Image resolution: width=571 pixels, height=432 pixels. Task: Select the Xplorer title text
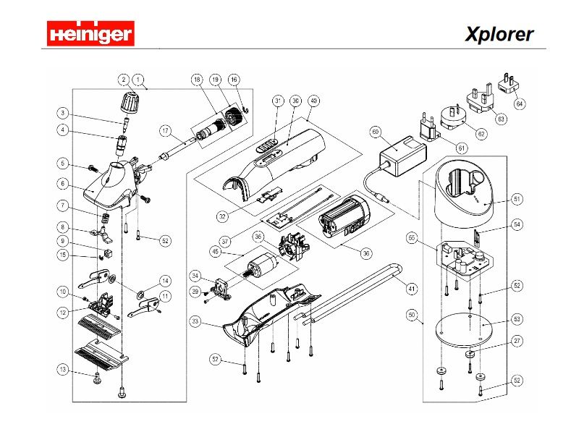[x=499, y=34]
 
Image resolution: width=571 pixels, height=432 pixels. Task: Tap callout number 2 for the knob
[x=124, y=79]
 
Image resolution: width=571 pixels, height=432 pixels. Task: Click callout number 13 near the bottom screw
[x=64, y=370]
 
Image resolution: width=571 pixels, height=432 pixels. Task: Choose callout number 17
[x=165, y=131]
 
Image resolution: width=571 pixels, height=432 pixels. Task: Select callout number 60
[x=375, y=132]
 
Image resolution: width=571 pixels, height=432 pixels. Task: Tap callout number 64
[x=520, y=103]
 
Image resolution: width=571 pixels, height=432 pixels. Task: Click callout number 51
[x=517, y=198]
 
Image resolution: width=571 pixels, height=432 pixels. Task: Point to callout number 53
[x=517, y=318]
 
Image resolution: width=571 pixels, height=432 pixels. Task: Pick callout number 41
[x=411, y=289]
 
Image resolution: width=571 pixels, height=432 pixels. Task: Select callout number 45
[x=215, y=252]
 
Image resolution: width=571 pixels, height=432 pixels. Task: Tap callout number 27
[x=517, y=340]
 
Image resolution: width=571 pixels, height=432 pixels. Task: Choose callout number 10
[x=64, y=291]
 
